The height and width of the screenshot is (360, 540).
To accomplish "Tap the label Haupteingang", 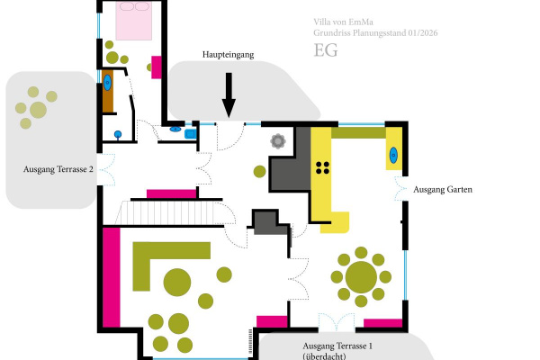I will [x=228, y=55].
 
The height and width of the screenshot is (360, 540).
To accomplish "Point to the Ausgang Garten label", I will [x=443, y=190].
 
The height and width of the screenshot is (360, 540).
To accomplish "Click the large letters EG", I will [x=326, y=50].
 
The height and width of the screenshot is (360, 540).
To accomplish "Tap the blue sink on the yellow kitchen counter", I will [x=394, y=155].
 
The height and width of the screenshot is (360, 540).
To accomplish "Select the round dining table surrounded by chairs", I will [x=361, y=274].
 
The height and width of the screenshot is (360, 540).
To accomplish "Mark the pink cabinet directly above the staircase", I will [x=171, y=193].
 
